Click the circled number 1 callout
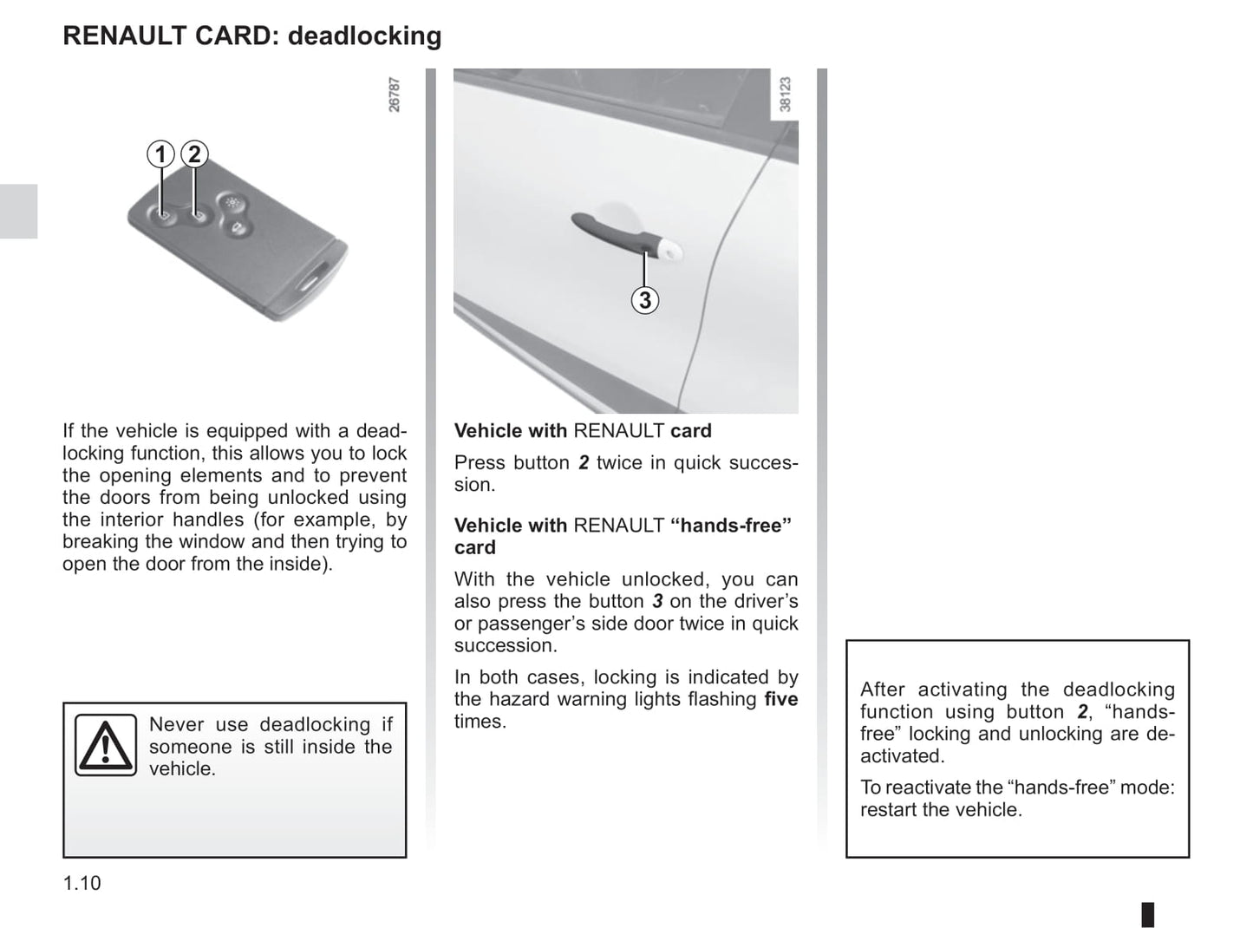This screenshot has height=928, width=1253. click(160, 154)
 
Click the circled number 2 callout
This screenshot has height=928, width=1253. click(194, 154)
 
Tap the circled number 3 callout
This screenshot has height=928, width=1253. click(644, 300)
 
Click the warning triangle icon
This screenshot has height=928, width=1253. click(106, 745)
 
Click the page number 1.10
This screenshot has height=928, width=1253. click(82, 883)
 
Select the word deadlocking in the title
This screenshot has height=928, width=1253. click(364, 36)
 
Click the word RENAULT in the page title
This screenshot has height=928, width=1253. click(113, 36)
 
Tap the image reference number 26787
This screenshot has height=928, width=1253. click(395, 95)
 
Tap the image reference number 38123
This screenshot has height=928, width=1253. click(786, 95)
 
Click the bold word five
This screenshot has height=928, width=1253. click(780, 699)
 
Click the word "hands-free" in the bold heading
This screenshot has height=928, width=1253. click(731, 526)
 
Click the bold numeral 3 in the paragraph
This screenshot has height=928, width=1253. click(657, 601)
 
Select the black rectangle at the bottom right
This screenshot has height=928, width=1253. click(1147, 914)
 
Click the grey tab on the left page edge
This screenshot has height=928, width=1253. click(18, 211)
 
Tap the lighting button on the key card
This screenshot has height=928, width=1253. click(231, 203)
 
